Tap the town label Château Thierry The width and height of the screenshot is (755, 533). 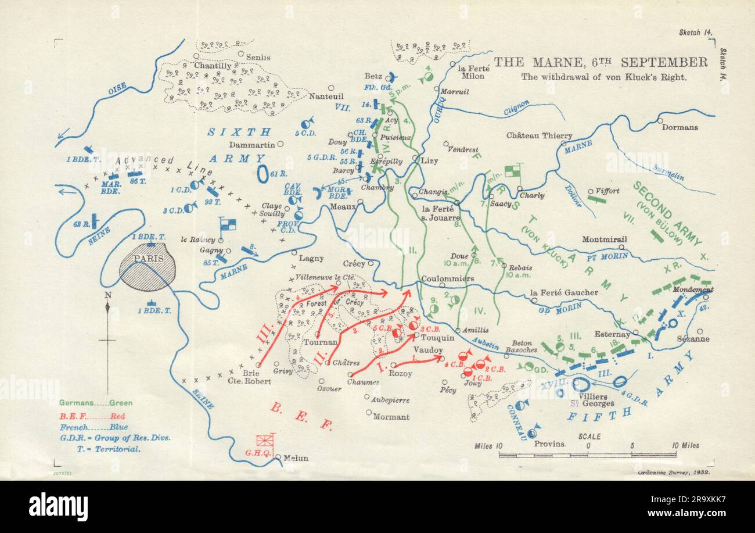tap(539, 135)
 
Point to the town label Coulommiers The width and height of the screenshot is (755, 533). tap(448, 278)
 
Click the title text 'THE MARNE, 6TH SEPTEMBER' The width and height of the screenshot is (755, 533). tap(601, 62)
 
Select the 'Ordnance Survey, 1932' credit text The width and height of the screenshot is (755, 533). tap(674, 473)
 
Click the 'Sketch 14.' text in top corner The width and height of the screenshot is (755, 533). tap(695, 34)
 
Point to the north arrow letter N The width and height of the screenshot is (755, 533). tap(107, 295)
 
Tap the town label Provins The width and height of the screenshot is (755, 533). tap(550, 443)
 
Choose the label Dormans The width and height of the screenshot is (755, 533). tap(681, 127)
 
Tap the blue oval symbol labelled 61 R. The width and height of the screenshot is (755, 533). tap(263, 173)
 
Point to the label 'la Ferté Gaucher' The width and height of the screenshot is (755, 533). tap(563, 292)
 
